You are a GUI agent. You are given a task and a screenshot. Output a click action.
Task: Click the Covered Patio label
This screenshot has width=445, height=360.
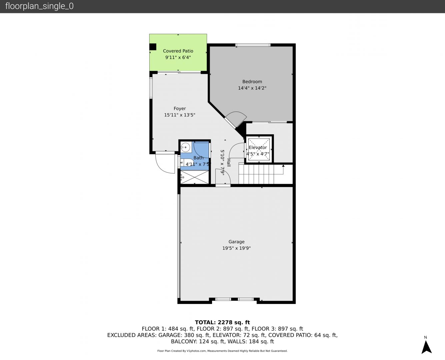(x=178, y=51)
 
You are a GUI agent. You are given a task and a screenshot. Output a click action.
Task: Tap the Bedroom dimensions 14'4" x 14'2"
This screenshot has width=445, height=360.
(x=252, y=88)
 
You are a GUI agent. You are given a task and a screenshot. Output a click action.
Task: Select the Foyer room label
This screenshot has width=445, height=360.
(x=180, y=108)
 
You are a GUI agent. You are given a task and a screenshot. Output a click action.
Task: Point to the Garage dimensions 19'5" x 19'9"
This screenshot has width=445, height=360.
(x=236, y=248)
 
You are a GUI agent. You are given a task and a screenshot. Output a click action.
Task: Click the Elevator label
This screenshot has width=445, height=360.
(x=258, y=148)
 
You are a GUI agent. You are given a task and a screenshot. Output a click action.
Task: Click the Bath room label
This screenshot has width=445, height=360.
(x=198, y=158)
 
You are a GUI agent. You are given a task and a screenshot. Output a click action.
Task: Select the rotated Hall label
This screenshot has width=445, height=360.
(x=229, y=163)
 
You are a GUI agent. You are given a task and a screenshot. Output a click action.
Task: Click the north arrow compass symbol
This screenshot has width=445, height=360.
(x=426, y=347)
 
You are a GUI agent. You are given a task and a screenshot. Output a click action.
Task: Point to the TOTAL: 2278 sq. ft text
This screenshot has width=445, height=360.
(x=222, y=322)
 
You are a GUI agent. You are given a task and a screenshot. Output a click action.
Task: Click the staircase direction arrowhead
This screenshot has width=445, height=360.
(x=283, y=166)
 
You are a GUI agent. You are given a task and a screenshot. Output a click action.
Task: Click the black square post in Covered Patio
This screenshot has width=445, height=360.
(x=153, y=47)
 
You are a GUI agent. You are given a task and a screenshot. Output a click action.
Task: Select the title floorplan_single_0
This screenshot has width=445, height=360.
(x=39, y=6)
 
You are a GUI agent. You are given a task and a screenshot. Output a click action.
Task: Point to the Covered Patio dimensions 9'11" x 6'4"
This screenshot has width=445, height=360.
(x=178, y=57)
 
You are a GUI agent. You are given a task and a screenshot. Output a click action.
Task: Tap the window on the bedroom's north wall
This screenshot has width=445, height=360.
(x=253, y=45)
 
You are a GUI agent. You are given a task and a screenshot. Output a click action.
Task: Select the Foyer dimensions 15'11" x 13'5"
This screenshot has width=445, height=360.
(x=180, y=115)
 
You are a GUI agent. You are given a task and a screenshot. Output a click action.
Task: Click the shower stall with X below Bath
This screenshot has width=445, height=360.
(x=195, y=177)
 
